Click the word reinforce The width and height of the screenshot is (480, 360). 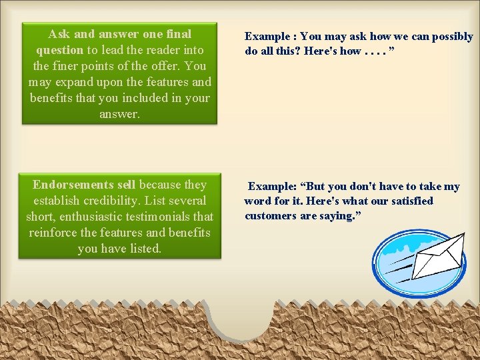pos(54,233)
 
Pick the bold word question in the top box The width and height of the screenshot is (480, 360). pos(59,50)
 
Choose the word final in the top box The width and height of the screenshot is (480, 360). pos(178,34)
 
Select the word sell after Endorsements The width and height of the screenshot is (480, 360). pos(126,185)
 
